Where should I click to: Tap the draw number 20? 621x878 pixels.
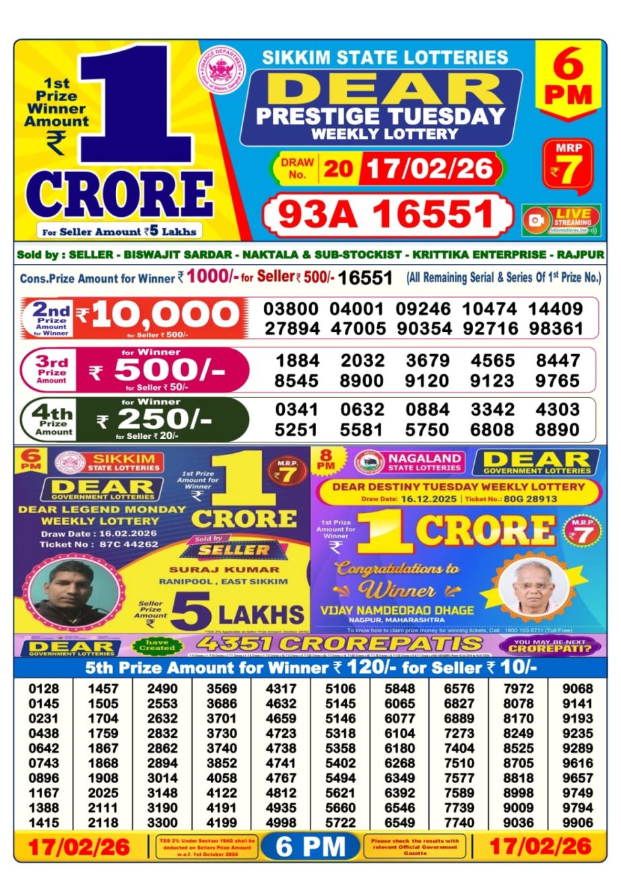tap(338, 168)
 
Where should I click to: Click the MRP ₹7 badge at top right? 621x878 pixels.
tap(568, 165)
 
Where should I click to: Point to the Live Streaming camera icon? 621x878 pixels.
tap(537, 221)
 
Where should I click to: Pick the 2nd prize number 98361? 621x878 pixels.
tap(556, 329)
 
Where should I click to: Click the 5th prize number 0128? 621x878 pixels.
tap(44, 689)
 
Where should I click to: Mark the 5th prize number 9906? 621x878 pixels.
tap(578, 823)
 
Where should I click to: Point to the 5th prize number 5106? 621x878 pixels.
tap(340, 689)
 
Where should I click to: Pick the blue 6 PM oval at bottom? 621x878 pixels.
tap(310, 846)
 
